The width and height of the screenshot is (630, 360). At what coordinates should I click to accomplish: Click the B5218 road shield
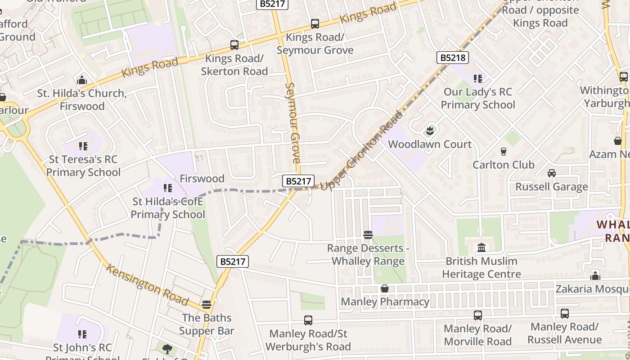[x=453, y=58]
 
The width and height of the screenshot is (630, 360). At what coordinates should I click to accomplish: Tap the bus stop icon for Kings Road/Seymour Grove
[x=315, y=24]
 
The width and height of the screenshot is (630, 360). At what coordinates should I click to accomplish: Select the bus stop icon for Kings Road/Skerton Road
[x=234, y=45]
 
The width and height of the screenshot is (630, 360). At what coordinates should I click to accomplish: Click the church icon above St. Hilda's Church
[x=82, y=80]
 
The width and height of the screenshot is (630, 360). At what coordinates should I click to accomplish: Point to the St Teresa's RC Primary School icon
[x=83, y=146]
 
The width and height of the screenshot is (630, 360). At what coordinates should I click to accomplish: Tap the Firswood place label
[x=202, y=178]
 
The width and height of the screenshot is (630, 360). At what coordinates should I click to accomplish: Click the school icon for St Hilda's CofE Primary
[x=168, y=188]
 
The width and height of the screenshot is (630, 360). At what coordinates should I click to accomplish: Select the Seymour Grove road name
[x=292, y=122]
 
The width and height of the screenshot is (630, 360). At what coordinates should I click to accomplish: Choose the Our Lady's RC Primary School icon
[x=477, y=79]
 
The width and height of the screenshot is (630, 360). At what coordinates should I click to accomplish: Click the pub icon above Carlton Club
[x=504, y=152]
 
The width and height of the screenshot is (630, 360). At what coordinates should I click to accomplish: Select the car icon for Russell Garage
[x=552, y=173]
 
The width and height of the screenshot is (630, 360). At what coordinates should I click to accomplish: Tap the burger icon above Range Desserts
[x=368, y=234]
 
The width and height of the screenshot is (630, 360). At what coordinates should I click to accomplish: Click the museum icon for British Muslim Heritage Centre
[x=481, y=247]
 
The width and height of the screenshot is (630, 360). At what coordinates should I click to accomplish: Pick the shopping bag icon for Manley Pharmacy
[x=385, y=288]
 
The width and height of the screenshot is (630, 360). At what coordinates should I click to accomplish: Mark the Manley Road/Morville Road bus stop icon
[x=477, y=315]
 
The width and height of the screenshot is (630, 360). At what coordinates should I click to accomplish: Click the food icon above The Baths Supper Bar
[x=207, y=305]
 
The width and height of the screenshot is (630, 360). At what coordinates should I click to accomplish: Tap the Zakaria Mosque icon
[x=595, y=275]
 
